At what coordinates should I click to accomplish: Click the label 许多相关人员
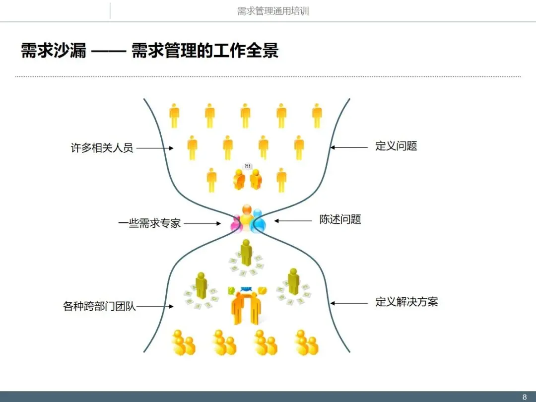pyautogui.click(x=102, y=148)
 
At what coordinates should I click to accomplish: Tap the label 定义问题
pyautogui.click(x=396, y=146)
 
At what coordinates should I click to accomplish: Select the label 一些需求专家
pyautogui.click(x=149, y=223)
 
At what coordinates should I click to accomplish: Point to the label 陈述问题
pyautogui.click(x=340, y=219)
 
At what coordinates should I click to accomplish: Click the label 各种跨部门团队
pyautogui.click(x=99, y=306)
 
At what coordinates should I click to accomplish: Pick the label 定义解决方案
pyautogui.click(x=406, y=302)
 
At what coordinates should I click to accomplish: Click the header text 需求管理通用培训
pyautogui.click(x=273, y=11)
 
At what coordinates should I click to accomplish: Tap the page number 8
pyautogui.click(x=525, y=397)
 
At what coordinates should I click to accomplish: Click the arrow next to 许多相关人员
pyautogui.click(x=155, y=148)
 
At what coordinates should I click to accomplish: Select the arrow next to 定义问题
pyautogui.click(x=349, y=147)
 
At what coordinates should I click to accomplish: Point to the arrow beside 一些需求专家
pyautogui.click(x=202, y=224)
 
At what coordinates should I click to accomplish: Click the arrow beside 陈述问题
pyautogui.click(x=292, y=221)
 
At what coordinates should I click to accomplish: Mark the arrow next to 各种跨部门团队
pyautogui.click(x=155, y=307)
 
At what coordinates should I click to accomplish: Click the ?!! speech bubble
pyautogui.click(x=247, y=166)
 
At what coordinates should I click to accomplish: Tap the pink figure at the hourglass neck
pyautogui.click(x=236, y=225)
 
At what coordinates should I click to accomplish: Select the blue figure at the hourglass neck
pyautogui.click(x=258, y=222)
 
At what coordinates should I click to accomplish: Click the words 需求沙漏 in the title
pyautogui.click(x=54, y=51)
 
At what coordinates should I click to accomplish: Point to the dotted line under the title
pyautogui.click(x=268, y=76)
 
